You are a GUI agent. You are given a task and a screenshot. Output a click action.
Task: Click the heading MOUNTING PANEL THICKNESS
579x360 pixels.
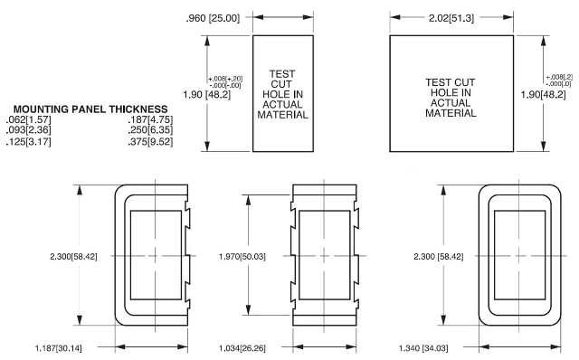pos(90,109)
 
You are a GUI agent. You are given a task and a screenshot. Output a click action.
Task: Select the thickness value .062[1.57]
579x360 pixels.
pos(29,119)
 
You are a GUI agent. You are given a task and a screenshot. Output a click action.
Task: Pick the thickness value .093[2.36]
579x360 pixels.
pos(29,130)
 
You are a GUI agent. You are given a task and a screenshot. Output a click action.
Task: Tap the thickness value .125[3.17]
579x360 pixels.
pos(29,141)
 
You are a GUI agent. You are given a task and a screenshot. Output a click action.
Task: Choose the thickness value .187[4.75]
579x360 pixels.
pos(150,119)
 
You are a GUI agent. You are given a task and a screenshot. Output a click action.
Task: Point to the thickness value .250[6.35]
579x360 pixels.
pos(150,130)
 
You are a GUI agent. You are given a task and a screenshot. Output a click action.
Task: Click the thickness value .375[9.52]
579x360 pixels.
pos(150,141)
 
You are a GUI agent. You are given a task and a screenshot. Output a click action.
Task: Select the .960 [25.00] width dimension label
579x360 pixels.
pos(212,18)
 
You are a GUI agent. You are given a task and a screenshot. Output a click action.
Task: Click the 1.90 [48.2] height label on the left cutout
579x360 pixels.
pos(182,93)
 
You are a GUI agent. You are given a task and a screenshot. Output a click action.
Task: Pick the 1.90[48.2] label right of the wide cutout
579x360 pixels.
pos(544,94)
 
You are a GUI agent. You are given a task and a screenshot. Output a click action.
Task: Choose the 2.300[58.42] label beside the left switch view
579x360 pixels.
pos(79,257)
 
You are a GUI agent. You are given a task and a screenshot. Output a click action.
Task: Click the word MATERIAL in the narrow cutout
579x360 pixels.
pos(284,115)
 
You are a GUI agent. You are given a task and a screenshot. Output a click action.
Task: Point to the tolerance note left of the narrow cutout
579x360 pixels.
pos(224,82)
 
